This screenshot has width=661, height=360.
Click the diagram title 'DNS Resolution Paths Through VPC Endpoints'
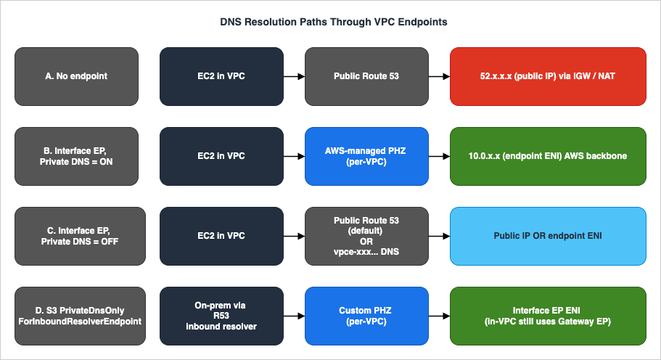(x=334, y=22)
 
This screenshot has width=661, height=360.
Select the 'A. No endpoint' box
(x=76, y=75)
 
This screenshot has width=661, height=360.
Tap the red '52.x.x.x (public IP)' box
(x=548, y=75)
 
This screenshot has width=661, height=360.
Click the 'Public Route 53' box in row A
(x=366, y=75)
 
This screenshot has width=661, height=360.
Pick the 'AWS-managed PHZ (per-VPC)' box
(x=366, y=155)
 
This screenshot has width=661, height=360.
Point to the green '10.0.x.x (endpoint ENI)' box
(x=548, y=155)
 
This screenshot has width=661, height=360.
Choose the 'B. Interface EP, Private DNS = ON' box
(x=76, y=155)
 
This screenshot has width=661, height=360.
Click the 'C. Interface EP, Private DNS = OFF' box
(x=76, y=235)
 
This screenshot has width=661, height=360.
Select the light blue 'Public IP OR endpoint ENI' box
(x=548, y=235)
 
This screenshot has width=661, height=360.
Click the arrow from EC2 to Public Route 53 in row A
(x=294, y=75)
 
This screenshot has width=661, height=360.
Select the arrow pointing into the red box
(x=439, y=75)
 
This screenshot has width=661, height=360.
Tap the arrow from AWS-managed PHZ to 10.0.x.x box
(x=439, y=155)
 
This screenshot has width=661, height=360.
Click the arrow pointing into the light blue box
(x=439, y=235)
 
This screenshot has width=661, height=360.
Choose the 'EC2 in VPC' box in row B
(x=221, y=155)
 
